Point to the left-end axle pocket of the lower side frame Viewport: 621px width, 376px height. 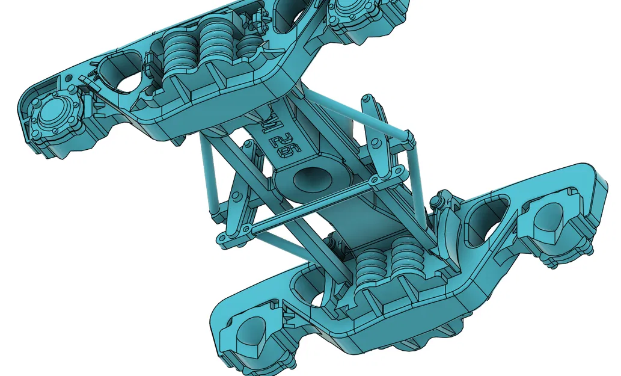pos(246,337)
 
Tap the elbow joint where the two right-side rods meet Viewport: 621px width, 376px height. pos(409,140)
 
